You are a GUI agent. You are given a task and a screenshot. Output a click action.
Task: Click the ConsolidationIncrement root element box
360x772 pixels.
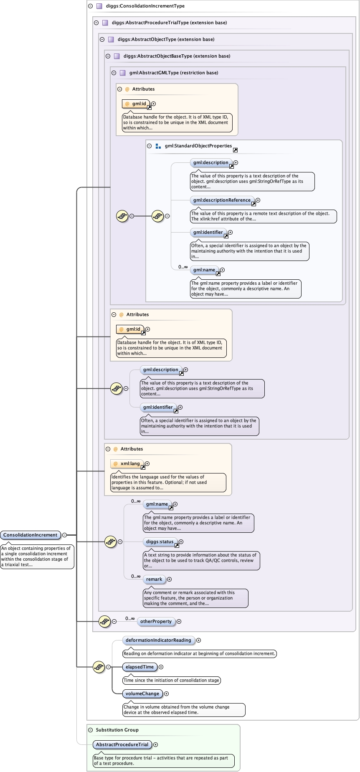[x=30, y=535]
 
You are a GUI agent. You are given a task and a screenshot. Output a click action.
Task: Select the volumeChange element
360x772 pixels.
[x=142, y=694]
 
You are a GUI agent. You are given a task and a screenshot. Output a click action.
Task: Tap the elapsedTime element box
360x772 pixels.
[x=140, y=667]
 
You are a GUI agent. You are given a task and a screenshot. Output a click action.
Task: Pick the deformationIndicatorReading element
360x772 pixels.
[x=158, y=640]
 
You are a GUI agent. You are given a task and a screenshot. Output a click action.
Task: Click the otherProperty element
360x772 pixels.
[x=156, y=621]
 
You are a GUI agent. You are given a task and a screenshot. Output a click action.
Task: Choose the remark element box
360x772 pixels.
[x=154, y=579]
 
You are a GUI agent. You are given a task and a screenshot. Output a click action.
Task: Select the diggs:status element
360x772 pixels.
[x=160, y=542]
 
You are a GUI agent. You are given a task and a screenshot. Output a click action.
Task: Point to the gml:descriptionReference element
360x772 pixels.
[x=222, y=200]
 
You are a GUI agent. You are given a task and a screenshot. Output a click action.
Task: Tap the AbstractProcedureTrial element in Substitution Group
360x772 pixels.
[x=122, y=744]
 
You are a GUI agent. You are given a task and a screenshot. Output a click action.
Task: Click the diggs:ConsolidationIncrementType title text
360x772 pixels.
[x=145, y=6]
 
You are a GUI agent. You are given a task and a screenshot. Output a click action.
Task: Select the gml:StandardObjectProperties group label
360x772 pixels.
[x=198, y=146]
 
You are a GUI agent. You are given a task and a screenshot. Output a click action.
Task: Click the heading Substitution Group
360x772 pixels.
[x=117, y=730]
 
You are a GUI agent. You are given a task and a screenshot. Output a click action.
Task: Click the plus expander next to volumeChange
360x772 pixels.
[x=166, y=694]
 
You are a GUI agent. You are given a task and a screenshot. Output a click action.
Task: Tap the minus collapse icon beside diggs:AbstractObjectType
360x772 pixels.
[x=102, y=39]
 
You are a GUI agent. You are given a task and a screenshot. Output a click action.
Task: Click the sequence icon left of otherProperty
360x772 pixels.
[x=104, y=621]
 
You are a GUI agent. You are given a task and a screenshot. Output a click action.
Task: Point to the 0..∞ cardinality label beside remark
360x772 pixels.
[x=136, y=576]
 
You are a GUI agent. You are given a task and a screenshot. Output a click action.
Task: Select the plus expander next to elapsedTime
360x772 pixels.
[x=161, y=667]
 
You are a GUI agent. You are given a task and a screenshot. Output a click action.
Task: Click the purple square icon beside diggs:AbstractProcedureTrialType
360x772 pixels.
[x=105, y=23]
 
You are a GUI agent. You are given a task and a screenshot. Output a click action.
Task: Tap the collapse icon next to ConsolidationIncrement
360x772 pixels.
[x=64, y=535]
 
